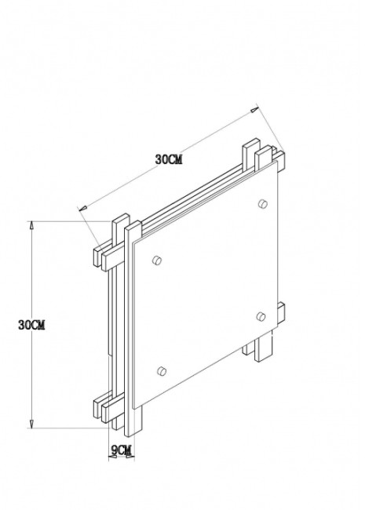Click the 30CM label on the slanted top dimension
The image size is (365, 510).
(x=169, y=159)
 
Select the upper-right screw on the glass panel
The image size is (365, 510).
(x=261, y=205)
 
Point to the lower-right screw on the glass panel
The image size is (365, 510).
(x=261, y=317)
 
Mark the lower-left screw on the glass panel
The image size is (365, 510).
(x=161, y=371)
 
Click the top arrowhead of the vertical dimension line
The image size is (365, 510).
(x=31, y=224)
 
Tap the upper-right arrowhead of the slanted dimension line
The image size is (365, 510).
(x=254, y=111)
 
